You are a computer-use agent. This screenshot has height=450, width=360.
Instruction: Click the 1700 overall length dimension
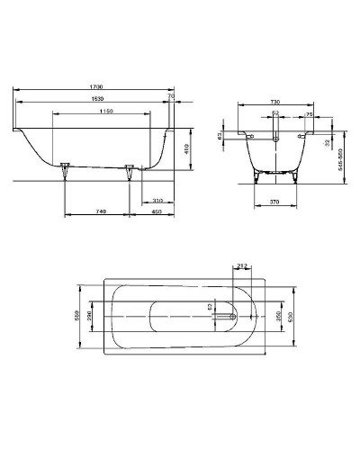(x=94, y=85)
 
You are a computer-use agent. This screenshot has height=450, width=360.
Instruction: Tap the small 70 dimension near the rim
(x=170, y=94)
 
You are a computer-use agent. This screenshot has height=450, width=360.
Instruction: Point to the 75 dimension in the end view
(x=309, y=115)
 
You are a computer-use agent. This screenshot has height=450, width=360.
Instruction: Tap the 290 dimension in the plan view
(x=90, y=318)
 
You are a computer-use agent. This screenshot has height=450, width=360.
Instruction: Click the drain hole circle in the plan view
(x=235, y=318)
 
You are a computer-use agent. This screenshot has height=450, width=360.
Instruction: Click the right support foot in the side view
(x=130, y=168)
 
